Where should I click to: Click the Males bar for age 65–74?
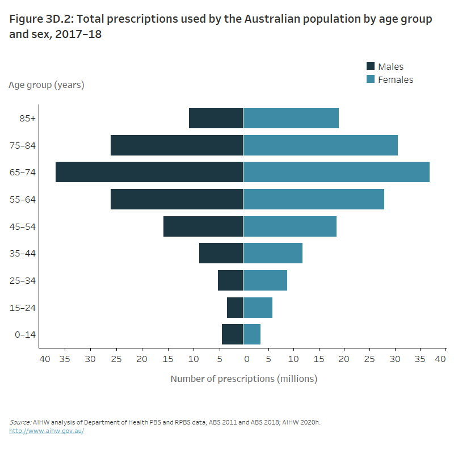point(149,172)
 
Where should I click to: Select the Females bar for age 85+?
point(291,118)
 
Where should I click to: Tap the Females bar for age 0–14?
point(252,334)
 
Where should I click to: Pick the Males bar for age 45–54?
point(203,226)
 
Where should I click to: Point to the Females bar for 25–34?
point(265,280)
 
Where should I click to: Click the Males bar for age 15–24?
point(235,308)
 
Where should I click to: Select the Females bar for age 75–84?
point(321,145)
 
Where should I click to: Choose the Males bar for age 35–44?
point(221,253)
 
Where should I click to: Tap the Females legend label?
point(396,80)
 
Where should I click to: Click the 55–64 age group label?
point(23,200)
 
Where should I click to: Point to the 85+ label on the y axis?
point(28,119)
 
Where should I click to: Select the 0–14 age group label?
point(25,335)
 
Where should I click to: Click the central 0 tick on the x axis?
point(247,359)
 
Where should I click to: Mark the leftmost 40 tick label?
point(45,359)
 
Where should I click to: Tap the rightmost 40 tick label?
point(441,359)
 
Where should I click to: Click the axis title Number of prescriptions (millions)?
point(244,379)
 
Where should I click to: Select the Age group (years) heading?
point(47,85)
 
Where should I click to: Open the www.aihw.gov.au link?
point(47,431)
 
